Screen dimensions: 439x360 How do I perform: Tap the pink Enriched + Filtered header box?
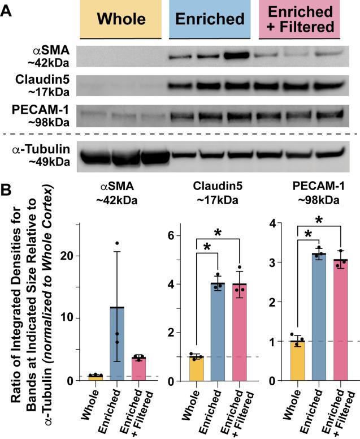coord(299,20)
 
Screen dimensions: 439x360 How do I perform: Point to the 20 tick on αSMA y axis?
coord(71,256)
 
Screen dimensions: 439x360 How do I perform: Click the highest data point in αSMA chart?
coord(117,243)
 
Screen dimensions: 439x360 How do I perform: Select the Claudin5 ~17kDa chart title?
coord(219,204)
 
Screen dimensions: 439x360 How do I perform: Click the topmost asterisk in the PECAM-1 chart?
coord(319,219)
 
